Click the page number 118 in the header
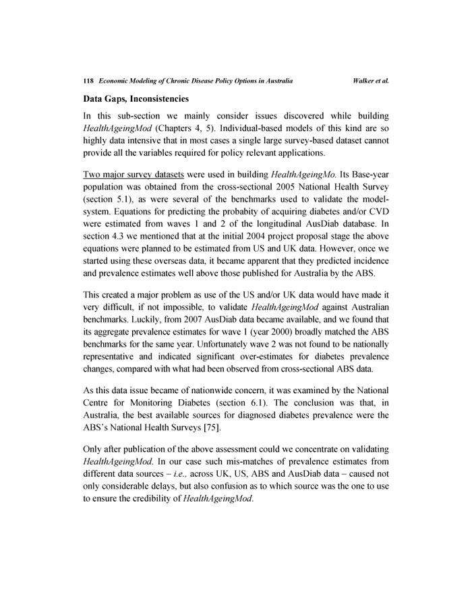pos(87,81)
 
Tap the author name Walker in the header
pos(364,81)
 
